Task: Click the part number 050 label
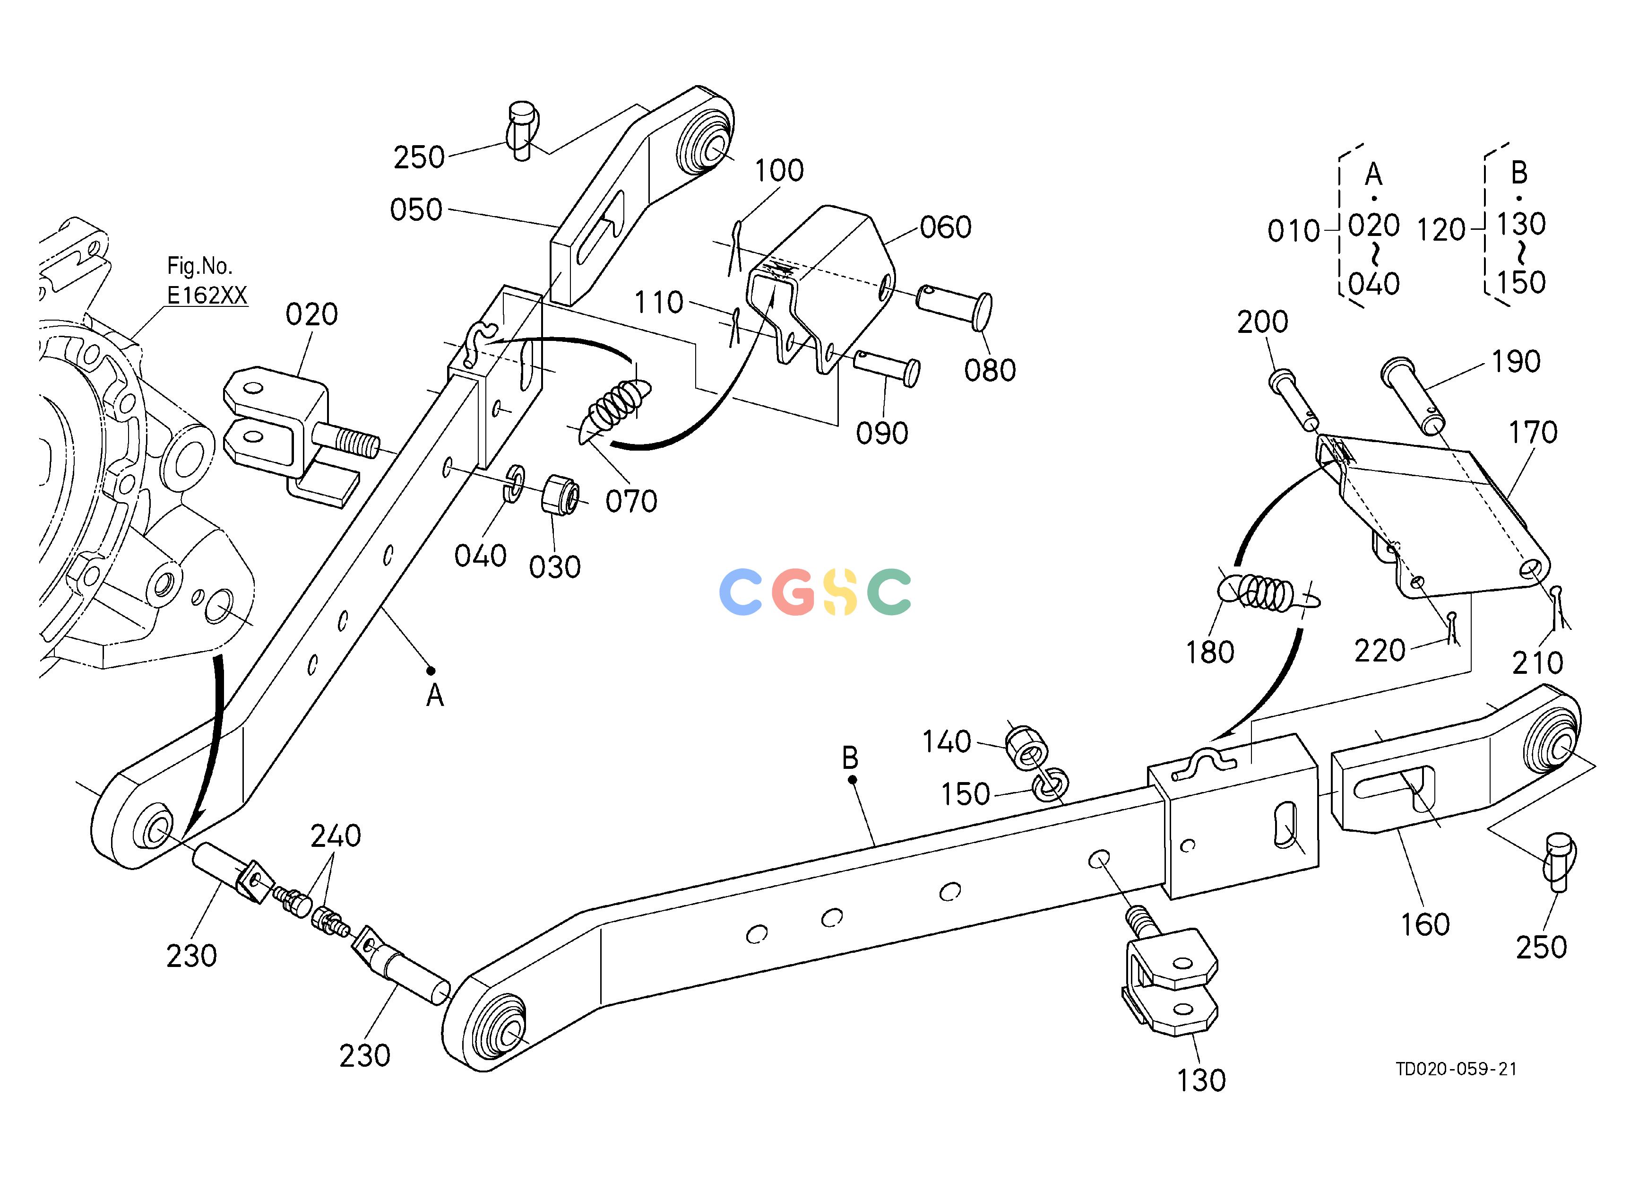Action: tap(416, 210)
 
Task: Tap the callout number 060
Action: tap(946, 227)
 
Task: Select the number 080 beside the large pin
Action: tap(990, 370)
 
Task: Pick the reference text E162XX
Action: tap(207, 296)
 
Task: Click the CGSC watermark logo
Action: tap(815, 591)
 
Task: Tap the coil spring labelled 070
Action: tap(614, 411)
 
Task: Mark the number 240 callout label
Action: tap(336, 836)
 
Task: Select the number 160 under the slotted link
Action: tap(1425, 924)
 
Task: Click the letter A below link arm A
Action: tap(435, 696)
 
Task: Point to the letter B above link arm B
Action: tap(850, 757)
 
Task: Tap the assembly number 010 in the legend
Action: tap(1294, 232)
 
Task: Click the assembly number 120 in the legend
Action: tap(1441, 230)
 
